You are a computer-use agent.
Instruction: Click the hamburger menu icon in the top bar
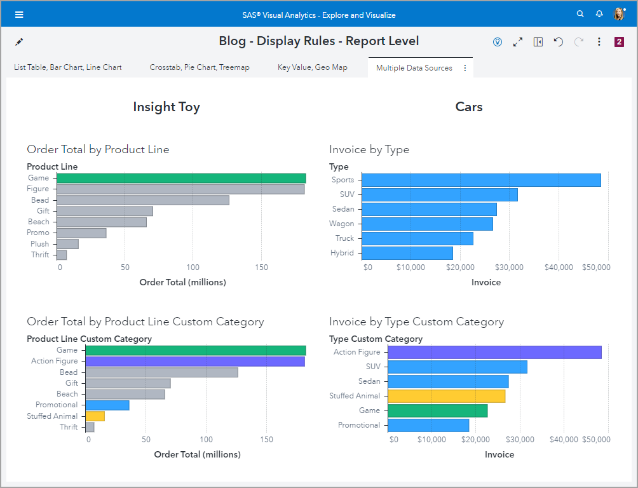click(x=19, y=14)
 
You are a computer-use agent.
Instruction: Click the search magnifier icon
click(x=580, y=14)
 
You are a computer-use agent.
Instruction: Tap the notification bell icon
click(x=599, y=14)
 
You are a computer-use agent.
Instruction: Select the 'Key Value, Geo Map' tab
click(x=313, y=67)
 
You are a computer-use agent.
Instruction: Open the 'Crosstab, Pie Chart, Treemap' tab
click(x=200, y=67)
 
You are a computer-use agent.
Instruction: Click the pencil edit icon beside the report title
click(x=19, y=42)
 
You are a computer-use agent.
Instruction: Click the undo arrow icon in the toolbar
click(x=558, y=42)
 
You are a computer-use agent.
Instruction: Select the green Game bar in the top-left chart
click(x=181, y=178)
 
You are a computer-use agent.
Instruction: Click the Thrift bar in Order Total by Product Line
click(x=62, y=255)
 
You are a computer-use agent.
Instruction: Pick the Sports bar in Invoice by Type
click(x=481, y=180)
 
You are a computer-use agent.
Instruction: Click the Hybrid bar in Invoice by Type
click(x=407, y=253)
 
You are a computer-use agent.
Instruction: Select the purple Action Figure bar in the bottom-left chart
click(x=195, y=361)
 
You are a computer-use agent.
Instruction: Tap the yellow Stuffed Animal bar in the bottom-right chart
click(x=447, y=396)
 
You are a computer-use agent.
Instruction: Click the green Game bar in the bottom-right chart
click(x=438, y=410)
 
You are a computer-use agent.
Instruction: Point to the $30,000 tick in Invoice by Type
click(x=510, y=268)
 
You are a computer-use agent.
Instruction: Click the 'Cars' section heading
click(x=469, y=107)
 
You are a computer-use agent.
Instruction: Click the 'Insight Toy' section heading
click(x=166, y=107)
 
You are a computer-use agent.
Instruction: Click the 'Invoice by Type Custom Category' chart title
click(x=416, y=322)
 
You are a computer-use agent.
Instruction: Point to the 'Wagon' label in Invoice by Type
click(x=342, y=224)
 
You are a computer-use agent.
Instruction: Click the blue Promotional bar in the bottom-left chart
click(x=107, y=405)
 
